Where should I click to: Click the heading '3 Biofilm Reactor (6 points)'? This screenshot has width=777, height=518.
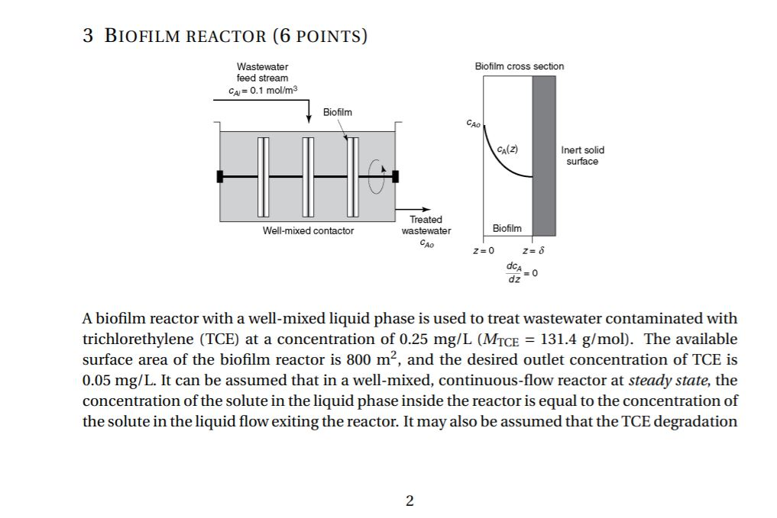[225, 35]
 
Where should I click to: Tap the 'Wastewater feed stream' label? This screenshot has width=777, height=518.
[262, 72]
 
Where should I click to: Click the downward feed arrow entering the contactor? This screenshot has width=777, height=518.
[309, 113]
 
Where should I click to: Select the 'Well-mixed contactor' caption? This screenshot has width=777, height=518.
[308, 230]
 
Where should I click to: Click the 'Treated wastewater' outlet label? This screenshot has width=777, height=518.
[426, 225]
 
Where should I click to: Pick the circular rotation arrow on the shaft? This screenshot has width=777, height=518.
[377, 175]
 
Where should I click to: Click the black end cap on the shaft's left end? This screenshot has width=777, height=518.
[220, 176]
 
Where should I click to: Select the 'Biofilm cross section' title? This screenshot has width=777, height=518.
[519, 66]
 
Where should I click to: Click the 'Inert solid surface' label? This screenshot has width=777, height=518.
[582, 156]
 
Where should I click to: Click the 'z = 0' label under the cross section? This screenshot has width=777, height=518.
[484, 250]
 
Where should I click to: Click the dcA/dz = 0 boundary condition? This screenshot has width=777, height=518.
[523, 272]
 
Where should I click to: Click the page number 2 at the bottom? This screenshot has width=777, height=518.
[410, 500]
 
